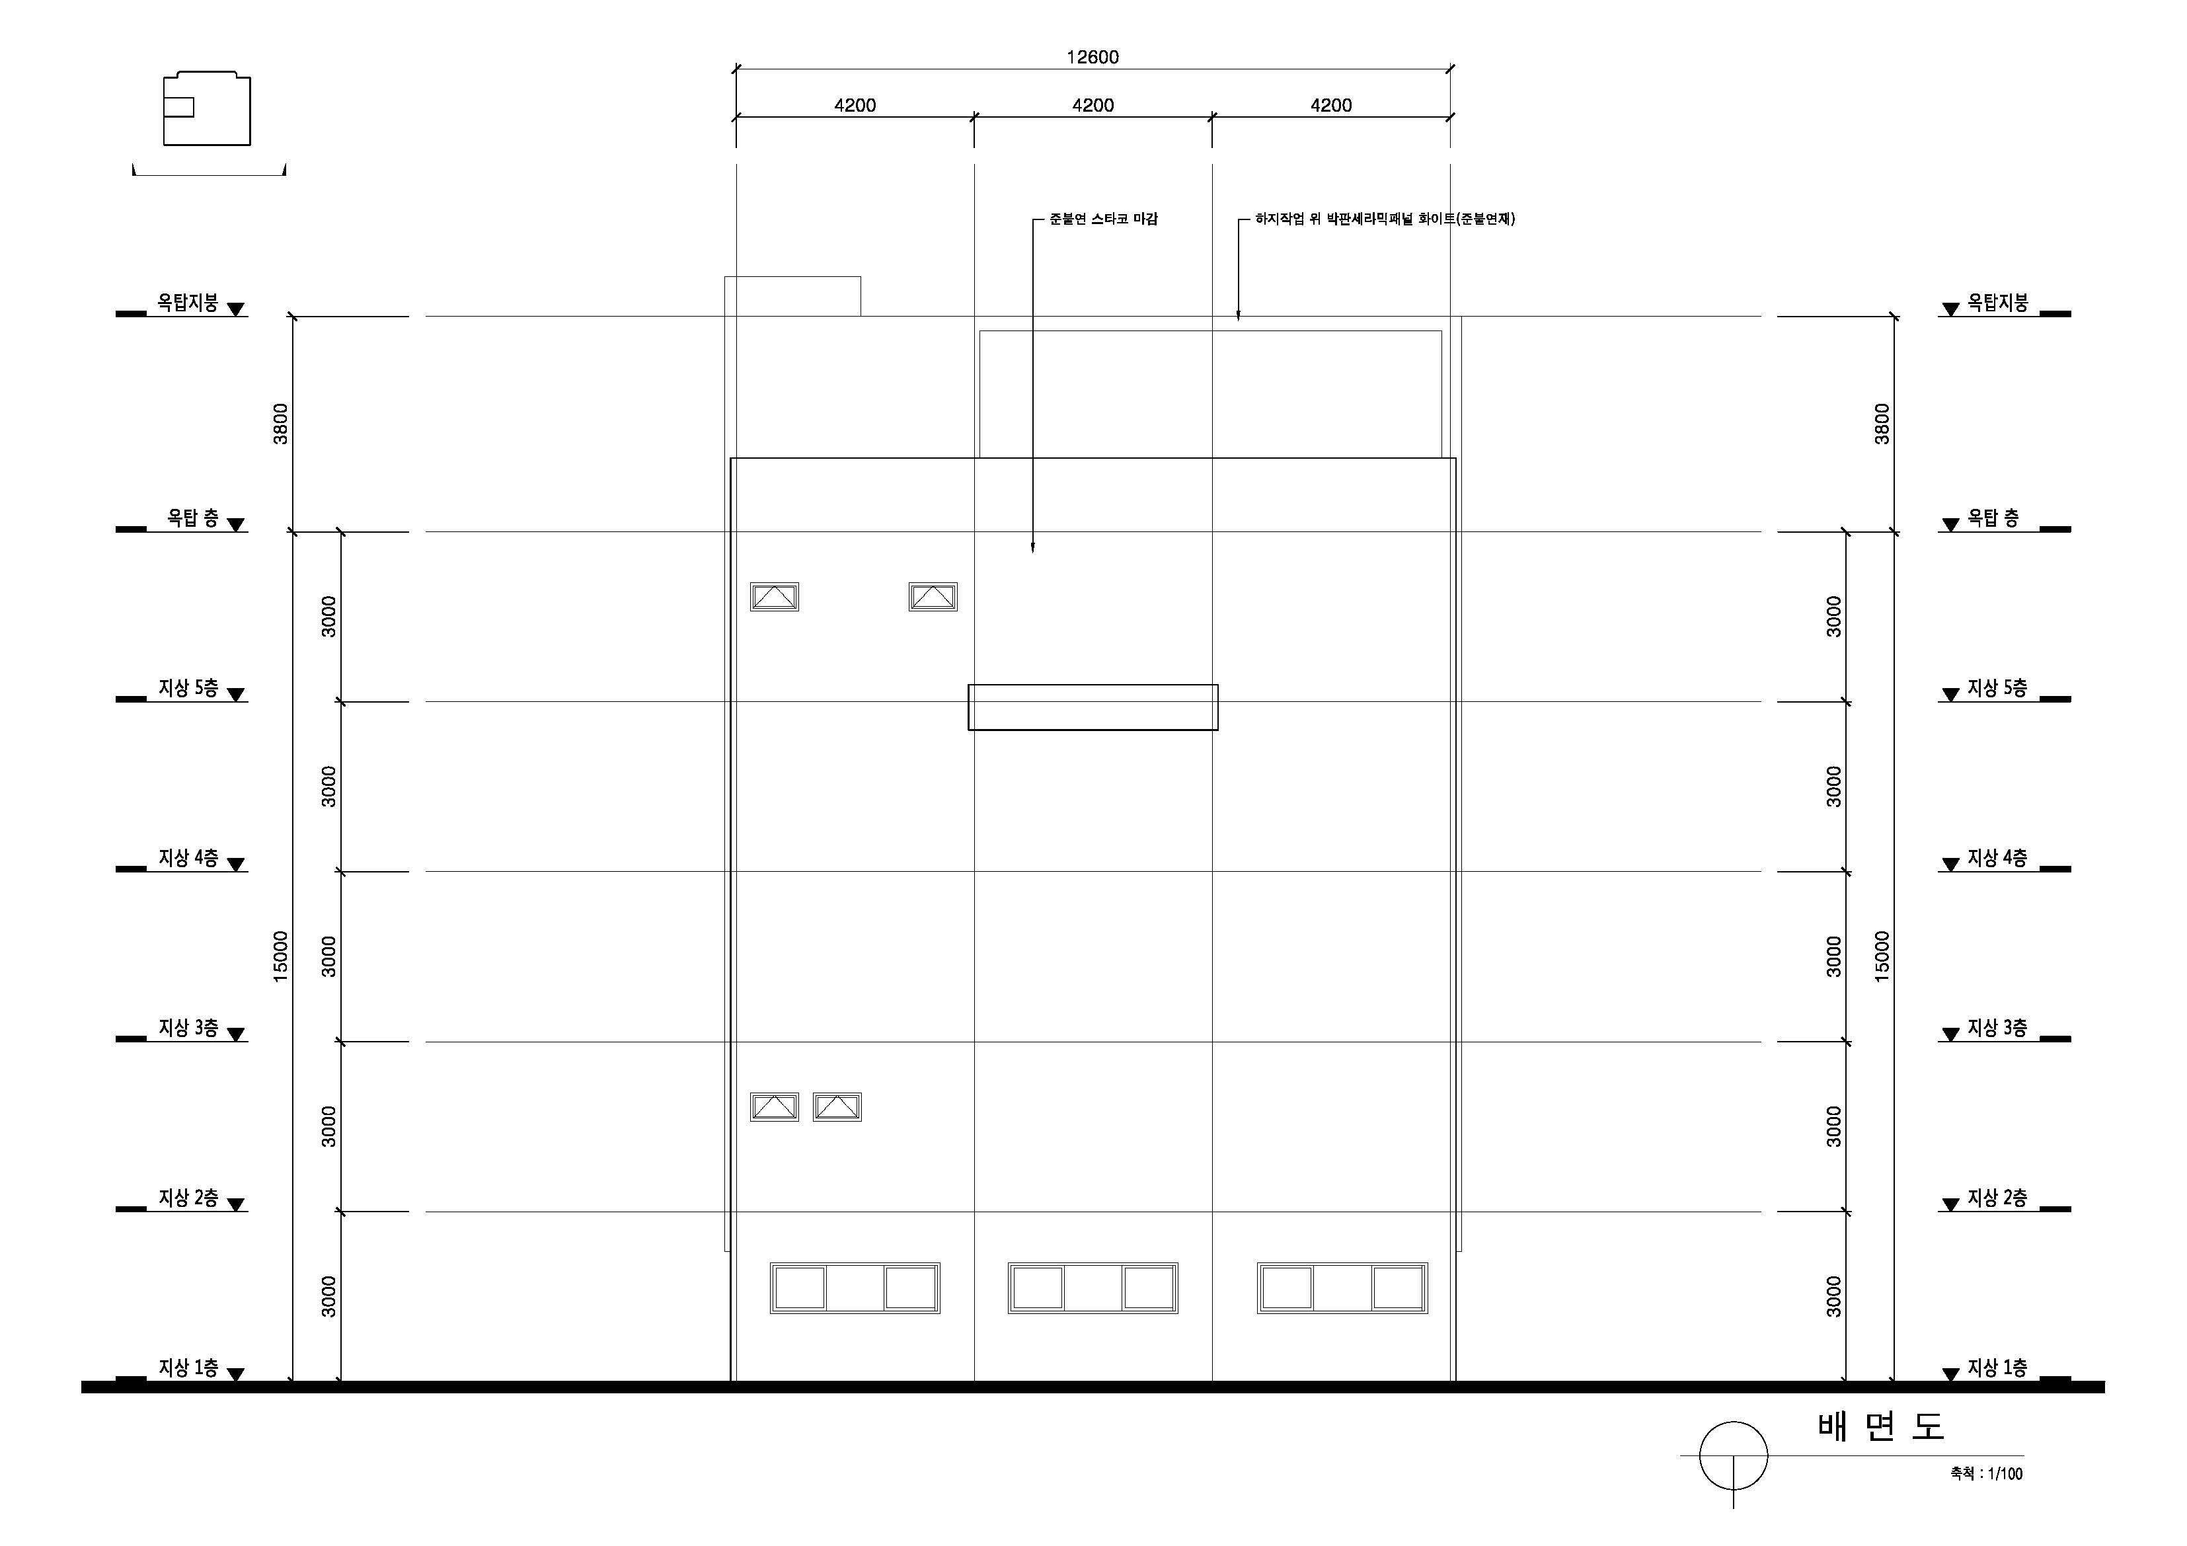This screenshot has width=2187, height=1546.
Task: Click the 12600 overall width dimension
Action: [x=1092, y=57]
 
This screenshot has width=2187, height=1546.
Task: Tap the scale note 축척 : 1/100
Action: [x=1986, y=1473]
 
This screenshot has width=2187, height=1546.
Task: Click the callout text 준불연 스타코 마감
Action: [x=1103, y=219]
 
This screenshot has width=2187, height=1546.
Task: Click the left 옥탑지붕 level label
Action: [x=188, y=303]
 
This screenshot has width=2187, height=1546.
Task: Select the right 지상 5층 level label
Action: [x=1997, y=688]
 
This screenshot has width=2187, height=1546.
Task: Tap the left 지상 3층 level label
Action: [x=188, y=1028]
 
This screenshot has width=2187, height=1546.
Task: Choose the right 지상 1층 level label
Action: [x=1997, y=1368]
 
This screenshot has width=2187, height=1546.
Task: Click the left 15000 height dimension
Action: [x=280, y=956]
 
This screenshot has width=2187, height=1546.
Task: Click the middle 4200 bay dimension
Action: [x=1093, y=105]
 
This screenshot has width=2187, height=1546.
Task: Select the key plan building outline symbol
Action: [x=207, y=108]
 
